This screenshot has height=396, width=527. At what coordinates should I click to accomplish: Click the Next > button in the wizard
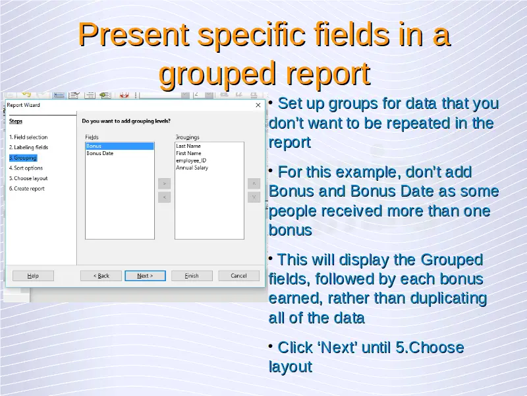(x=145, y=276)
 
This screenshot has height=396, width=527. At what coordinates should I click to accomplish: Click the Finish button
(x=192, y=276)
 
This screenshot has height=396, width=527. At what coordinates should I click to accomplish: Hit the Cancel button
(x=238, y=276)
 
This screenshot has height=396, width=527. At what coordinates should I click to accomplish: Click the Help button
(x=33, y=276)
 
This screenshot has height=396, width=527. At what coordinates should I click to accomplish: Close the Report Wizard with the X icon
(x=258, y=105)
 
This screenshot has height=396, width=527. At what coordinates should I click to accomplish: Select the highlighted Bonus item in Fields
(x=120, y=146)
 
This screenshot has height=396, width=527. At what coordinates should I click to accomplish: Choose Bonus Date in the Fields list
(x=100, y=153)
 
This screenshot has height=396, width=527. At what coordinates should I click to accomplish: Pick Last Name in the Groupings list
(x=188, y=146)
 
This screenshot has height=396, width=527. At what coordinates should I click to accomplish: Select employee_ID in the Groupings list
(x=191, y=160)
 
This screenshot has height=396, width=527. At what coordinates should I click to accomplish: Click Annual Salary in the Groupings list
(x=192, y=168)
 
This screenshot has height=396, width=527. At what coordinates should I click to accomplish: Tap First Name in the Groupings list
(x=188, y=153)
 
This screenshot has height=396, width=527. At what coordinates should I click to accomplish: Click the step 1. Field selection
(x=28, y=137)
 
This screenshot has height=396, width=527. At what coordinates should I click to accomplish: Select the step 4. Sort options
(x=26, y=168)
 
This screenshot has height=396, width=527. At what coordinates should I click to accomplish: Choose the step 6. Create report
(x=27, y=189)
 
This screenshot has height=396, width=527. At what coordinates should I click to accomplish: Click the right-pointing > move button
(x=164, y=183)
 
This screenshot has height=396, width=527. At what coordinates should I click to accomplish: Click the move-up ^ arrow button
(x=254, y=183)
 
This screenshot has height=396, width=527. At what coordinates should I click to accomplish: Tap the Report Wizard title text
(x=23, y=105)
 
